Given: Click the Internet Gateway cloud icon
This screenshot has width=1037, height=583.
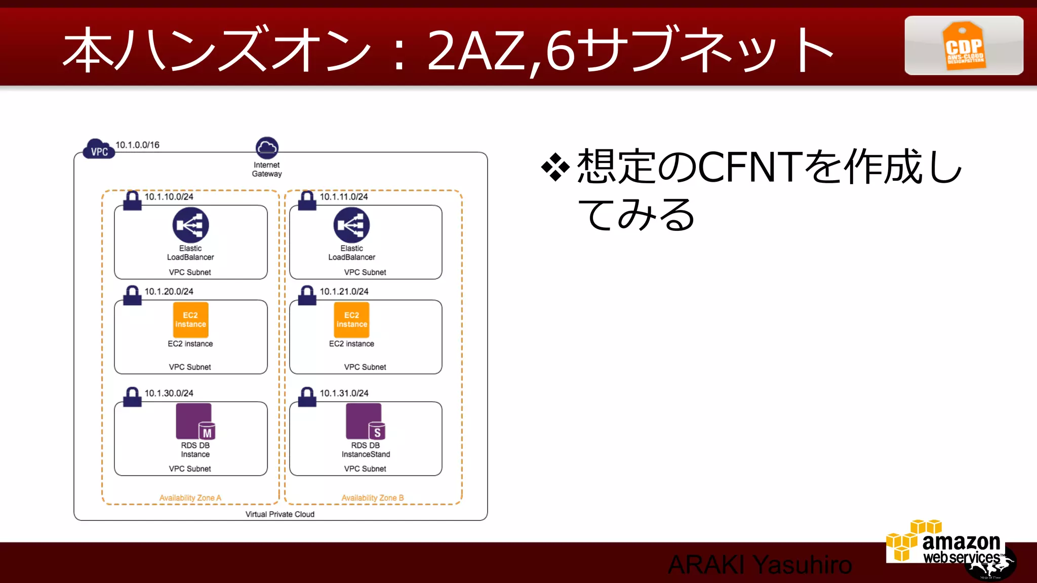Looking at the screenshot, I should [267, 148].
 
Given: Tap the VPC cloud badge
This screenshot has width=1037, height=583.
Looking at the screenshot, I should [99, 149].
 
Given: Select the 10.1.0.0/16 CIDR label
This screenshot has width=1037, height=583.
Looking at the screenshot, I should [137, 145].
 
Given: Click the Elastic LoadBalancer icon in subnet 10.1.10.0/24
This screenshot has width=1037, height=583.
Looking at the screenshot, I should [190, 225].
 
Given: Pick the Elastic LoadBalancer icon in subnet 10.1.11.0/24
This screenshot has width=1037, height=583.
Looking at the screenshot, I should [351, 225].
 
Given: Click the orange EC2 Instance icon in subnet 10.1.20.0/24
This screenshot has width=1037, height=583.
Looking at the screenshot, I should [190, 320].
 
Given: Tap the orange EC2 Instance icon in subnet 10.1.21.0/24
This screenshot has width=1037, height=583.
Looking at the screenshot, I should [351, 320].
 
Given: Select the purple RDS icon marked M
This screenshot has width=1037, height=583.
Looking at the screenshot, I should [195, 421].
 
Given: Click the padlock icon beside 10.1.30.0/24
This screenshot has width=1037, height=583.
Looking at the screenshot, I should [132, 397].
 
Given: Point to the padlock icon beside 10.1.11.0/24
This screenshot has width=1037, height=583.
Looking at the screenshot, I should [307, 201].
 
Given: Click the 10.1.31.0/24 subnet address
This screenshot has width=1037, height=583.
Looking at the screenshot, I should [344, 393].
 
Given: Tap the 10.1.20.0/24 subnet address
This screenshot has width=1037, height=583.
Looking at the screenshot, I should [169, 291].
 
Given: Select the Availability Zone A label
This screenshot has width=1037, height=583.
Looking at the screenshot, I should [190, 498].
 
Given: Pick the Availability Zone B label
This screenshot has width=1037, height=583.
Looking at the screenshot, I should [373, 498].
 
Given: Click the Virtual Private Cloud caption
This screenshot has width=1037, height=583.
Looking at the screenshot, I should [280, 514].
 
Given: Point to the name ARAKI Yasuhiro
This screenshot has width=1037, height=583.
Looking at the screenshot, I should [760, 565].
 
